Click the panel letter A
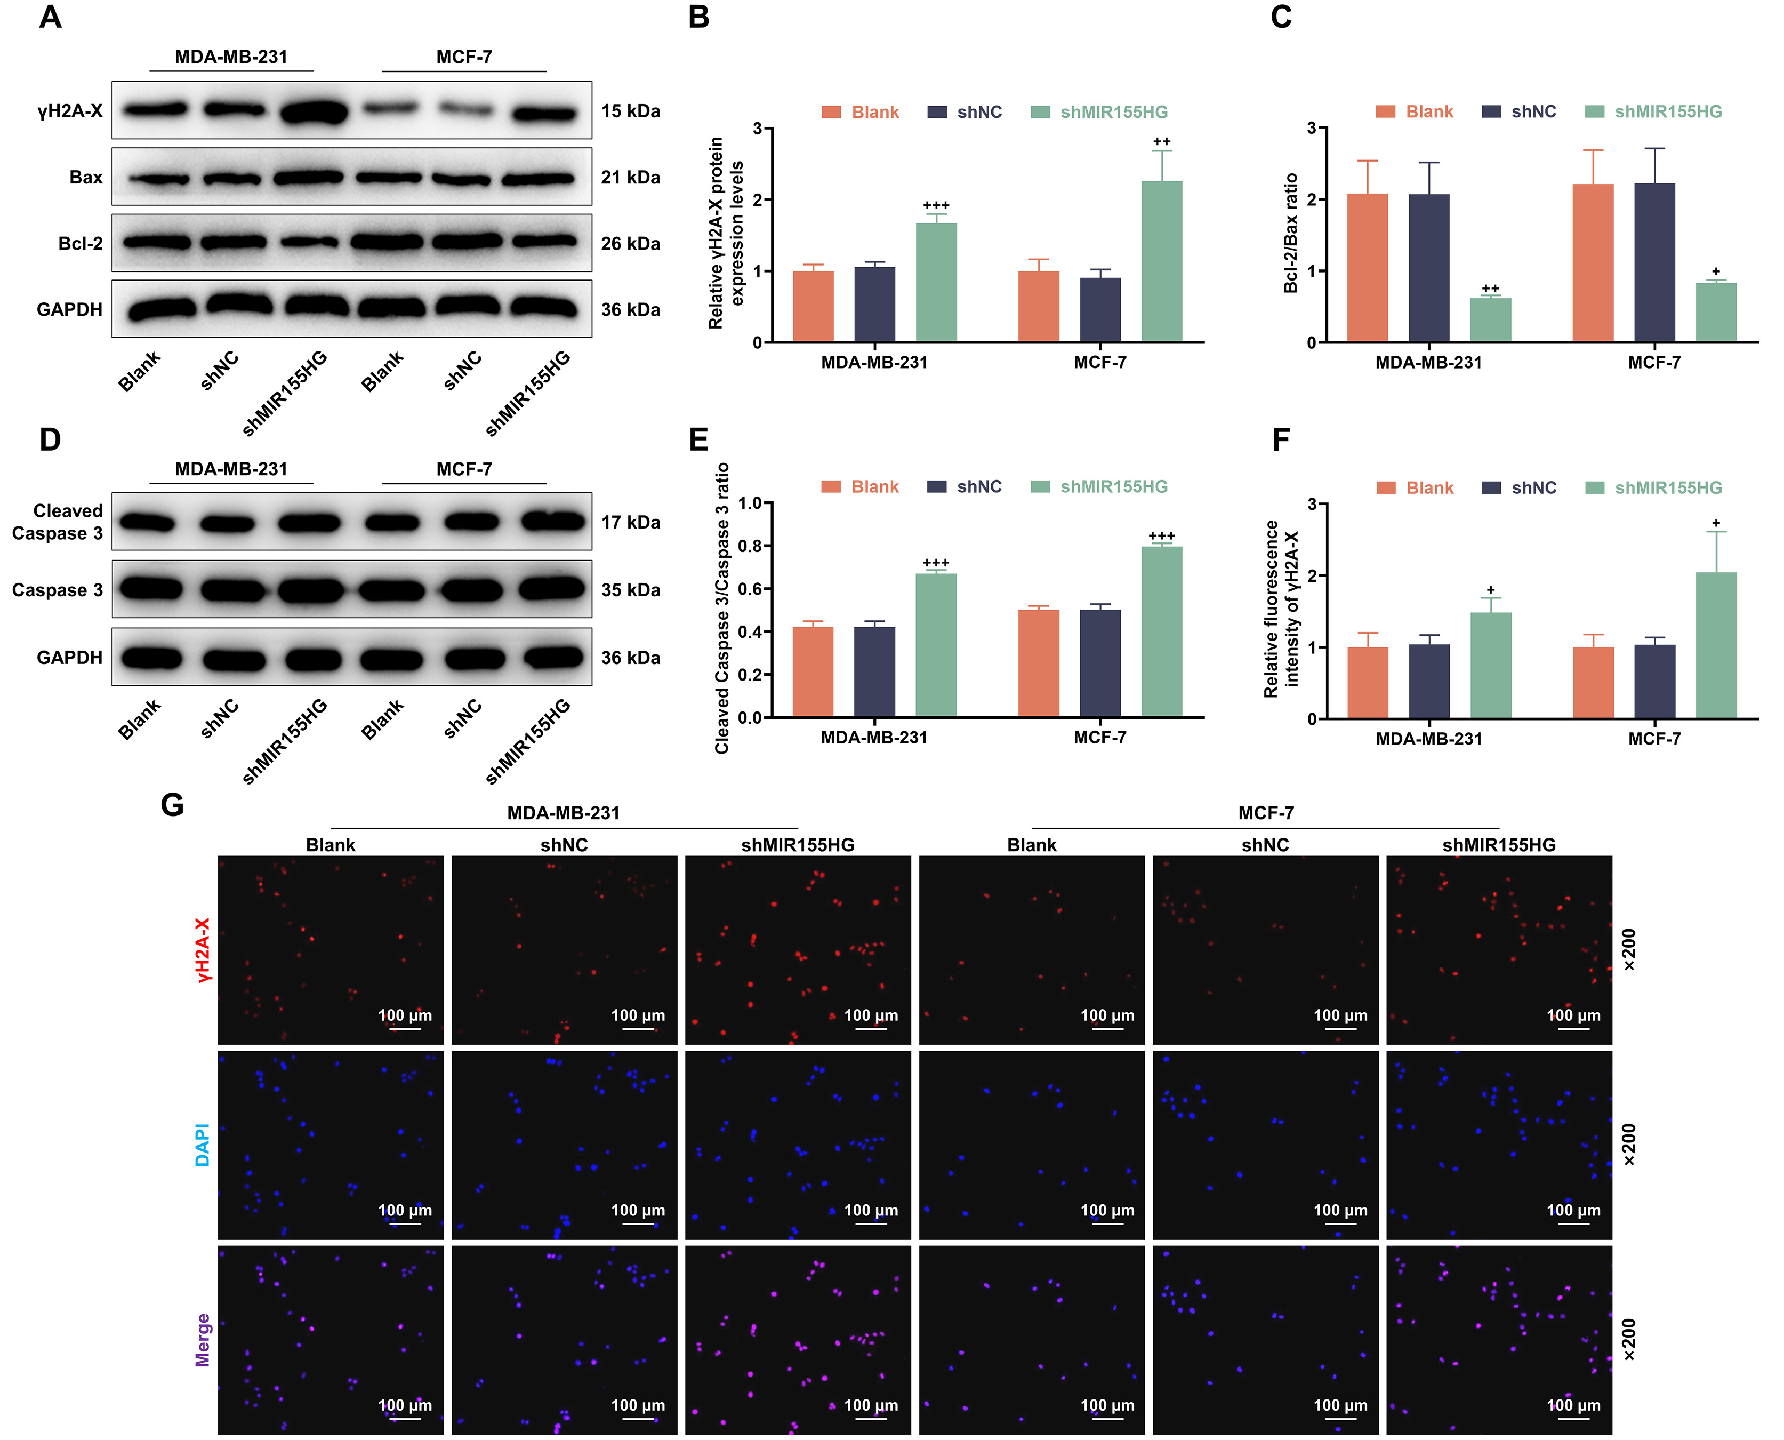coord(51,18)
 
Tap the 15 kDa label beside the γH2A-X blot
coord(630,111)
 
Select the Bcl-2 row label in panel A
coord(81,243)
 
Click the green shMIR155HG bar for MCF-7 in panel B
coord(1161,261)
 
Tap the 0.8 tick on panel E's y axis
coord(749,546)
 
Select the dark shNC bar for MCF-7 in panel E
coord(1100,663)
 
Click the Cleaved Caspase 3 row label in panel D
coord(57,522)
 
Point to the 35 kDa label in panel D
coord(630,590)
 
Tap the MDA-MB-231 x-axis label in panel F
coord(1428,738)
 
